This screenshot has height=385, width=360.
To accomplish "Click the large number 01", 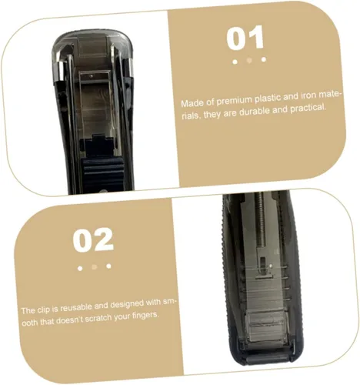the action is click(245, 38).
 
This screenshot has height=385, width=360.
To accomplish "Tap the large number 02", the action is click(93, 239).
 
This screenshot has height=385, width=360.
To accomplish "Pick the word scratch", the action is click(98, 318).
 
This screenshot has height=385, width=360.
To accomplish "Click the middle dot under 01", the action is click(249, 61).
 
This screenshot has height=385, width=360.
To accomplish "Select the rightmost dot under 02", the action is click(108, 266).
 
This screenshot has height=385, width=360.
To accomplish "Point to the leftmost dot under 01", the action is click(235, 62).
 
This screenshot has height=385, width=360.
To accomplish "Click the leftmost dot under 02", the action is click(80, 269).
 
